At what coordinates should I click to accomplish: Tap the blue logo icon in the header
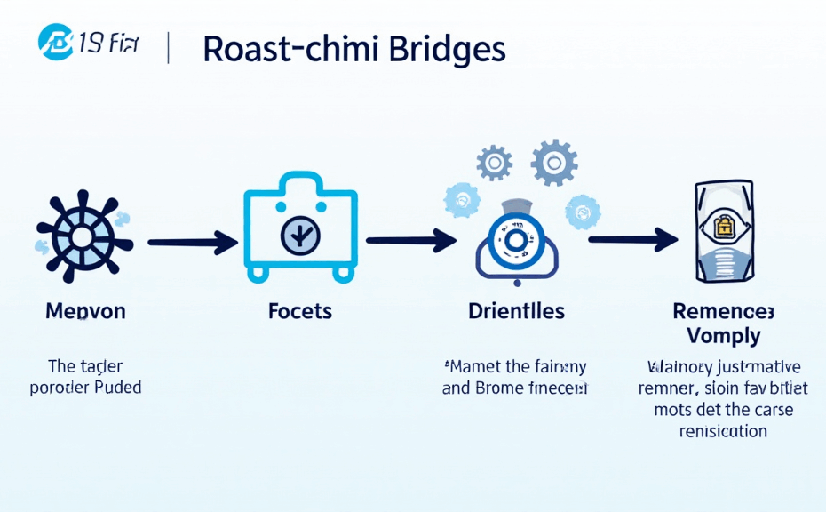(55, 42)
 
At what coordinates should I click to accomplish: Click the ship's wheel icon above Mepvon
(82, 236)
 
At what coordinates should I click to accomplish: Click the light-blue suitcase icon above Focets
(300, 228)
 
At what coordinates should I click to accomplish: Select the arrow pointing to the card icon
(631, 238)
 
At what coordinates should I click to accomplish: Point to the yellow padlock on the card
(723, 228)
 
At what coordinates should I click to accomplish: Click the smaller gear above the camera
(494, 164)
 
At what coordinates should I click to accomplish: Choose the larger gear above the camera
(554, 162)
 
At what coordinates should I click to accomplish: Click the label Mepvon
(85, 311)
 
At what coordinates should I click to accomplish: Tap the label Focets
(299, 311)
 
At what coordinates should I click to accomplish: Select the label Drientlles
(516, 311)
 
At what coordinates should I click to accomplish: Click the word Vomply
(723, 336)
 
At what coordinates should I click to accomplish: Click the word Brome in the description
(501, 388)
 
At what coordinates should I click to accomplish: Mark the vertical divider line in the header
(169, 49)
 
